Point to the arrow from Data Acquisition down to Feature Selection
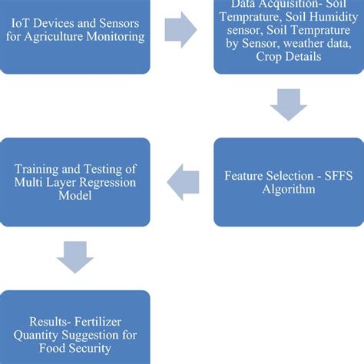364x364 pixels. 288,105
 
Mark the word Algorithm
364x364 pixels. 288,189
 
